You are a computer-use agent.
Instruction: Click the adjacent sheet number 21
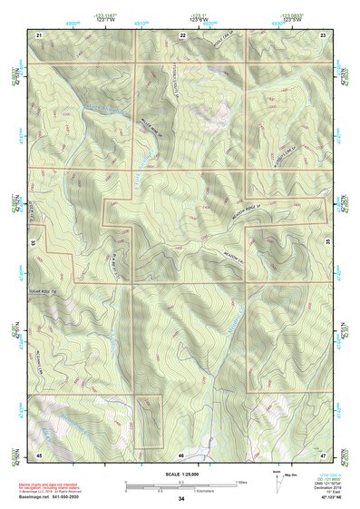[x=39, y=34]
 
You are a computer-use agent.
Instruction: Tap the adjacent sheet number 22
[x=182, y=34]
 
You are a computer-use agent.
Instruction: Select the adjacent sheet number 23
[x=324, y=34]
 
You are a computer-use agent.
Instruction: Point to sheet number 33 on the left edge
[x=33, y=243]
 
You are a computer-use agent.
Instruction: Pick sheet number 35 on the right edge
[x=328, y=243]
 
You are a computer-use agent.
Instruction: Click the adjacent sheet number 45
[x=39, y=453]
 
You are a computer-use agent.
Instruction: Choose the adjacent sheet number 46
[x=182, y=453]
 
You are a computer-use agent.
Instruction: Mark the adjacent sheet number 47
[x=324, y=453]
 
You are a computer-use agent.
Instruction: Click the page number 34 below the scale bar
[x=181, y=498]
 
